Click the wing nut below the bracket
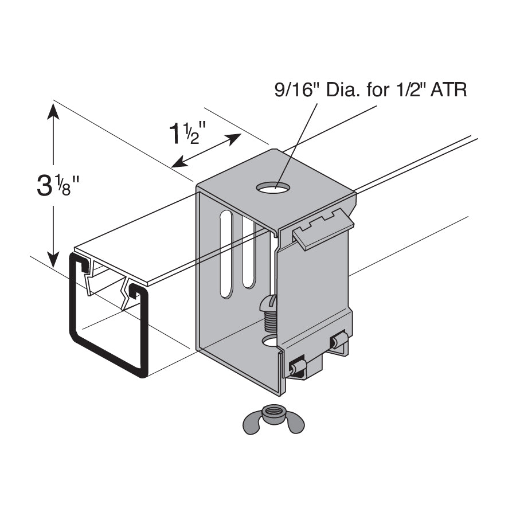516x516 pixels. click(x=273, y=420)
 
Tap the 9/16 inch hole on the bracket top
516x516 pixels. click(x=273, y=188)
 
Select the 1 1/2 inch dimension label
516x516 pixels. click(x=187, y=133)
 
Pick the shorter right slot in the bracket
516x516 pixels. click(x=249, y=252)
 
